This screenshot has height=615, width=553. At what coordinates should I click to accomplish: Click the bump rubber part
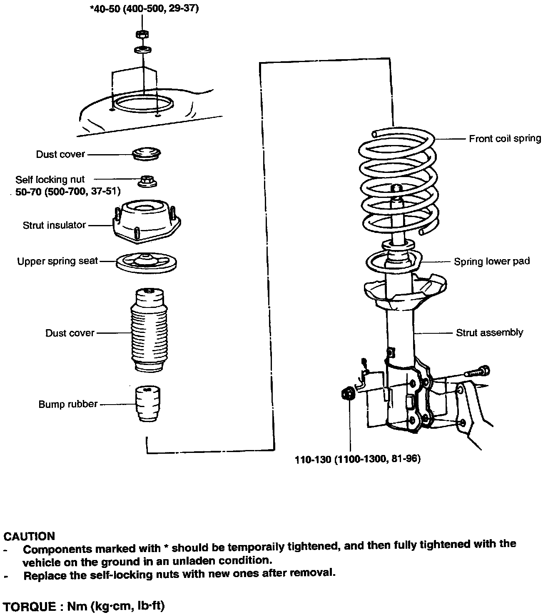(x=148, y=404)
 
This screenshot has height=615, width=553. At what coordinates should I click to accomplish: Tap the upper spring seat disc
(x=147, y=262)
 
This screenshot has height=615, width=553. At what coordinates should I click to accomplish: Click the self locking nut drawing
(x=147, y=181)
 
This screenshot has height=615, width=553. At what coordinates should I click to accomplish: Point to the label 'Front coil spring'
(x=505, y=139)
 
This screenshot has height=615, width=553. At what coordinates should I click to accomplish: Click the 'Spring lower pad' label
(x=491, y=262)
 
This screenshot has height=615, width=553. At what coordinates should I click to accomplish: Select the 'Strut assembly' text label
(x=489, y=333)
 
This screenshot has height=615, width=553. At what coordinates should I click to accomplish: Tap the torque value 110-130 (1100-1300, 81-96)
(x=358, y=459)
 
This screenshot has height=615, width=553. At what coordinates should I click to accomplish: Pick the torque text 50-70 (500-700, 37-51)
(x=68, y=191)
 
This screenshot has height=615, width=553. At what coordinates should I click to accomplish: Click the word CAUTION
(x=29, y=536)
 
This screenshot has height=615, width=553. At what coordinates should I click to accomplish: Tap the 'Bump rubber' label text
(x=68, y=404)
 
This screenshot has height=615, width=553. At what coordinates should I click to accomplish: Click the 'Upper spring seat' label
(x=57, y=261)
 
